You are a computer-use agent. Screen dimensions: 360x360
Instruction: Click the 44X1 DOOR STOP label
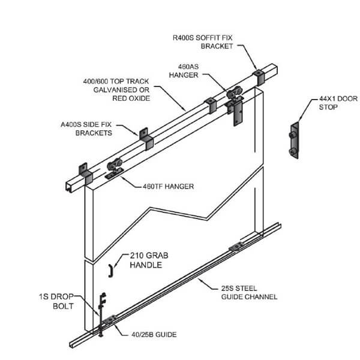click(x=328, y=103)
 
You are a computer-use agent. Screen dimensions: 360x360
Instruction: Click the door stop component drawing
click(x=293, y=142)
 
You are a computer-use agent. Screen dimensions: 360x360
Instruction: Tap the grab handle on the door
click(x=111, y=271)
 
